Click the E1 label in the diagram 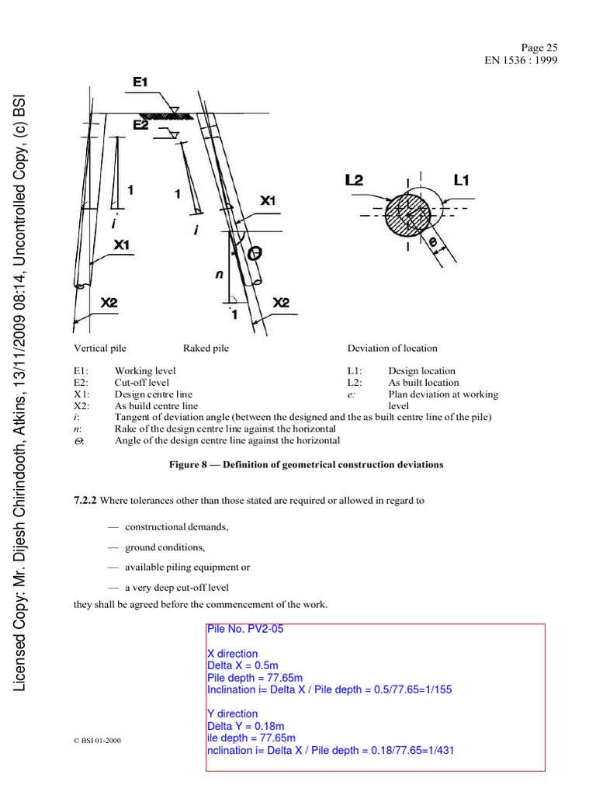tap(140, 82)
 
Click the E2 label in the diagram tap(140, 124)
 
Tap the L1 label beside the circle tap(461, 179)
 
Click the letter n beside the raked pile tap(218, 274)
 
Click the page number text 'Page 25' tap(541, 47)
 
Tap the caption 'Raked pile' tap(206, 349)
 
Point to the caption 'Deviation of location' tap(392, 349)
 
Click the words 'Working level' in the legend tap(144, 371)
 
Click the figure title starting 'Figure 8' tap(306, 464)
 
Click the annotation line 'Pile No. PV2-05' tap(245, 629)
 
